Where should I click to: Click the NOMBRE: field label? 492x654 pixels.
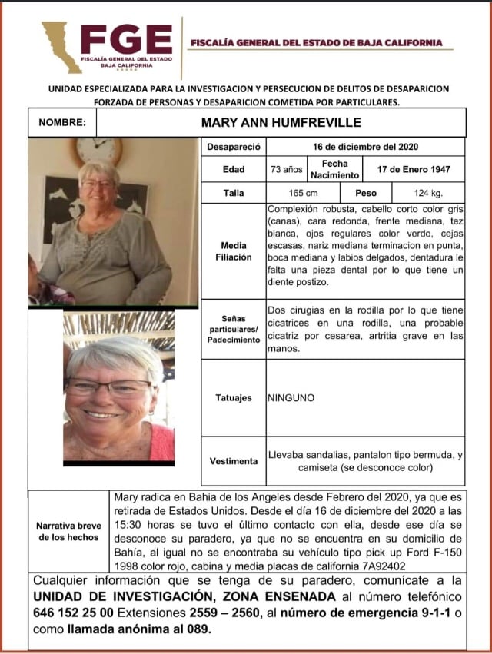tap(62, 122)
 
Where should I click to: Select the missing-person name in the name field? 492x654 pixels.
tap(281, 122)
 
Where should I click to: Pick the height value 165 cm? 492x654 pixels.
tap(281, 194)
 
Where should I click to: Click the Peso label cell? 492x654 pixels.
tap(365, 194)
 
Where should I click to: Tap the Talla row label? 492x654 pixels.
tap(234, 194)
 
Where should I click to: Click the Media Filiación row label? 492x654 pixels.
tap(234, 251)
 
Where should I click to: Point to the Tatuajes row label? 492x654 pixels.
tap(234, 398)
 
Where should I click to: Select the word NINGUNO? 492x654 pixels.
tap(291, 398)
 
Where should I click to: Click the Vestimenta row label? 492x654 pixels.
tap(234, 461)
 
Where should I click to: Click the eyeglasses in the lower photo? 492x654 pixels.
tap(108, 387)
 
